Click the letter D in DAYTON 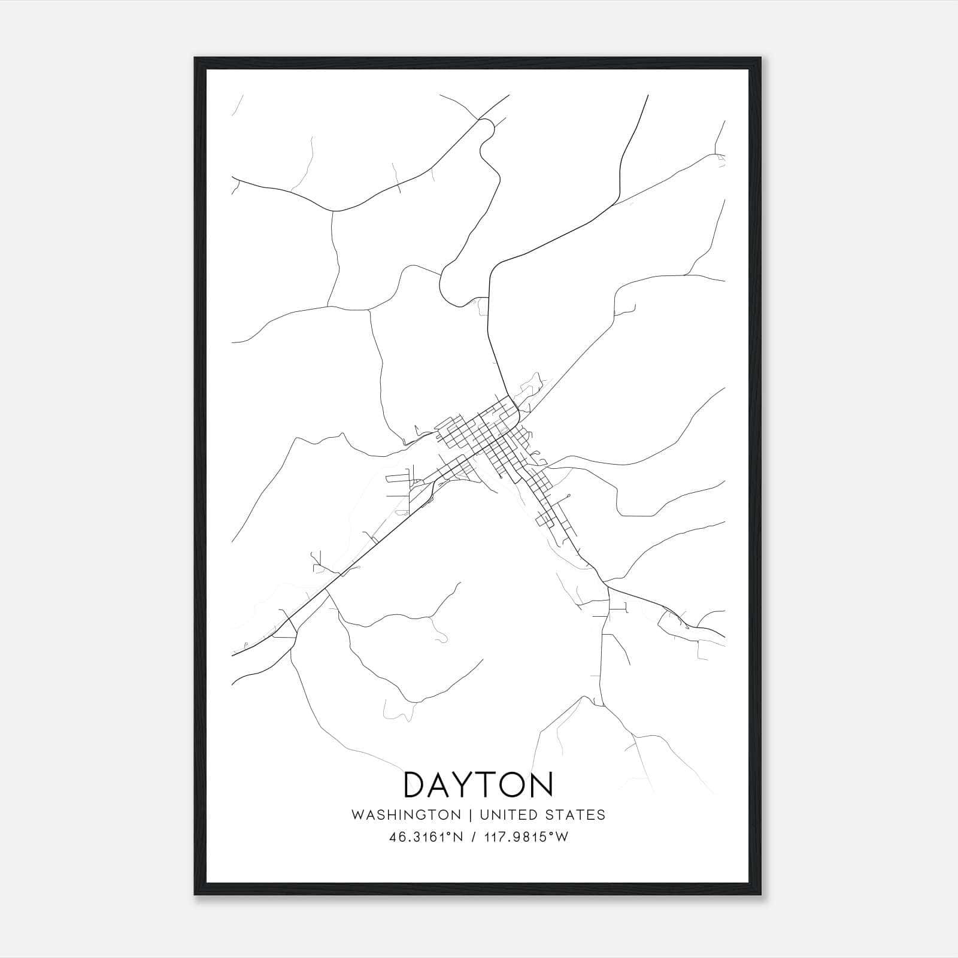coord(417,785)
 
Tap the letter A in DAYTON coord(445,785)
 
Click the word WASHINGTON coord(406,815)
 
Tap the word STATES coord(577,815)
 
